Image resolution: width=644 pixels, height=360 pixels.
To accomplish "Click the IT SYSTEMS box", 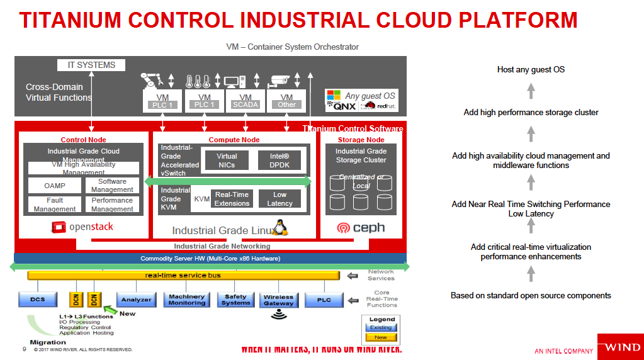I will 91,65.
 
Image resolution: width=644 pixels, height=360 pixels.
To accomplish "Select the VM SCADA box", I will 246,101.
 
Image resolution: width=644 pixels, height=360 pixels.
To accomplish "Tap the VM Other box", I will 287,101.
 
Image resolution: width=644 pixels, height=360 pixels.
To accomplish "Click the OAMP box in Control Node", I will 54,186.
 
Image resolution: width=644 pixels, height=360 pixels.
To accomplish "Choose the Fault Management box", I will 54,205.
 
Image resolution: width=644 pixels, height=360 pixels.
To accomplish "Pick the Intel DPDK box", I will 280,160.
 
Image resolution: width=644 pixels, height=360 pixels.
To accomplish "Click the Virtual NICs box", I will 227,160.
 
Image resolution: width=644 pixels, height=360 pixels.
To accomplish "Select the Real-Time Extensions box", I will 232,199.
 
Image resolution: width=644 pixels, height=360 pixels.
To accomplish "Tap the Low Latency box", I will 280,199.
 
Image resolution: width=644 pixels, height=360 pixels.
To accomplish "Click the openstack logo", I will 83,227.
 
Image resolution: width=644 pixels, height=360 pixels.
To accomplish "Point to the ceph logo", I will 361,228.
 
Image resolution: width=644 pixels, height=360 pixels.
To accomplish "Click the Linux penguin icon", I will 279,227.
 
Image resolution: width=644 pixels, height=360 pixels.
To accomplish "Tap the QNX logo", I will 341,105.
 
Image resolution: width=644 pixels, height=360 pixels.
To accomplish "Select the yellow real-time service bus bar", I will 183,275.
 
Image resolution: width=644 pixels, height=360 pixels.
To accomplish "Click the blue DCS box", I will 37,300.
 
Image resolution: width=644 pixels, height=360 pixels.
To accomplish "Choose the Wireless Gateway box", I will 278,300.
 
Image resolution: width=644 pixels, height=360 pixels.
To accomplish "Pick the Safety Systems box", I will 236,300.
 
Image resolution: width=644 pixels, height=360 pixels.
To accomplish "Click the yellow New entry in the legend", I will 381,337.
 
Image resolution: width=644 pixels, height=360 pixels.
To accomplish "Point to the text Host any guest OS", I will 531,69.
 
